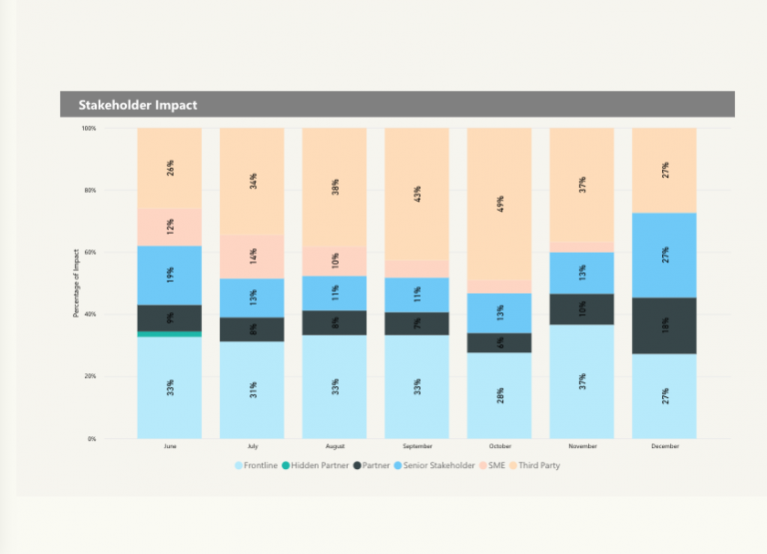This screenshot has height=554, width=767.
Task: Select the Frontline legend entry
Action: [x=257, y=465]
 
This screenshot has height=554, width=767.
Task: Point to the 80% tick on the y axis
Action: [x=89, y=191]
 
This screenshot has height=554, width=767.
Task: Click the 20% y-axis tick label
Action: [x=89, y=376]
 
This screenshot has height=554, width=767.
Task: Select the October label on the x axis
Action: [x=499, y=446]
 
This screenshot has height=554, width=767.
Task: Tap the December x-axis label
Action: [x=664, y=446]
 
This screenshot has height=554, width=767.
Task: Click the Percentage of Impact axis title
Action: [x=76, y=284]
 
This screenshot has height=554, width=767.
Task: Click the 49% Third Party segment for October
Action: [x=499, y=204]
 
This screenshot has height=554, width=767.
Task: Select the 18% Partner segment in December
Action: [x=664, y=325]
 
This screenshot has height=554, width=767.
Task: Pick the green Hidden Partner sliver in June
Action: [x=170, y=334]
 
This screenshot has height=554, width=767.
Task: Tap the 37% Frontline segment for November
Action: [x=581, y=381]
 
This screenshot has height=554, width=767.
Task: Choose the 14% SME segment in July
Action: [x=252, y=257]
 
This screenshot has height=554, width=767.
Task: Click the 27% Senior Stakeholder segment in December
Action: [x=664, y=255]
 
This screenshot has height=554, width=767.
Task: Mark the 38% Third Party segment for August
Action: [x=335, y=188]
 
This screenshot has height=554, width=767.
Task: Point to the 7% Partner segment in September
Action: [x=416, y=323]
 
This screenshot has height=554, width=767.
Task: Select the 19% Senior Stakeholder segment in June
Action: [x=170, y=276]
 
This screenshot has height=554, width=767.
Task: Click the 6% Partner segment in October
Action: [x=499, y=342]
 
